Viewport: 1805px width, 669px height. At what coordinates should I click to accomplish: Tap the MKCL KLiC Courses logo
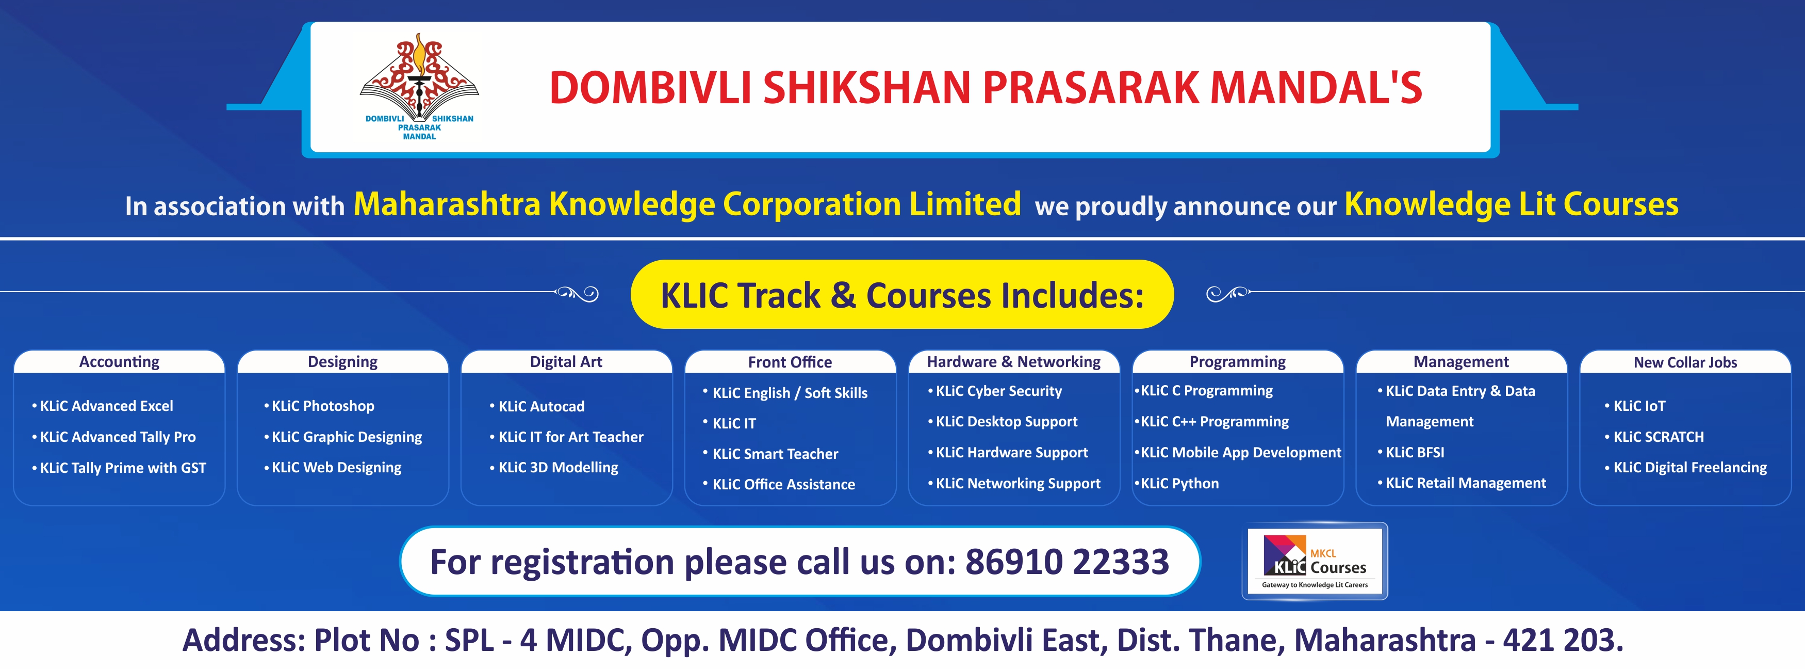pos(1315,561)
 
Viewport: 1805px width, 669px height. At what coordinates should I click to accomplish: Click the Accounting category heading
pos(119,362)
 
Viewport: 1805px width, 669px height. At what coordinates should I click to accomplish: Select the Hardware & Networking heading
pos(1013,362)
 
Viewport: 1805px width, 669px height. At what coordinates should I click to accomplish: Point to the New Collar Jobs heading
pos(1685,362)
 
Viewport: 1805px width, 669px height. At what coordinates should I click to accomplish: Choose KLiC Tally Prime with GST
pos(119,468)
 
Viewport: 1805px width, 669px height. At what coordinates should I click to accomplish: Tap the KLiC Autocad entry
pos(537,407)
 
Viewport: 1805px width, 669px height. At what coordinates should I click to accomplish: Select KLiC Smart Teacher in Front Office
pos(771,454)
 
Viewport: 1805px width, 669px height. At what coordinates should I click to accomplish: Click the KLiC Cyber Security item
pos(995,391)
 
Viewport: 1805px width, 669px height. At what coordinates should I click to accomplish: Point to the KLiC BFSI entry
pos(1410,452)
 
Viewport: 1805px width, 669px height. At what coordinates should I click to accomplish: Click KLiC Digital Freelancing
pos(1686,468)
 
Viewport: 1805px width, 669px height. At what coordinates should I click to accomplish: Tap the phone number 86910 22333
pos(1067,562)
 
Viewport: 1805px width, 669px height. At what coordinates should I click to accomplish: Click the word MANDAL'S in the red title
pos(1316,88)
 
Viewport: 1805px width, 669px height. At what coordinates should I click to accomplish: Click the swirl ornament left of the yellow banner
pos(577,293)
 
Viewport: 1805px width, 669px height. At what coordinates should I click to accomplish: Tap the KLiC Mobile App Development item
pos(1237,452)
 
